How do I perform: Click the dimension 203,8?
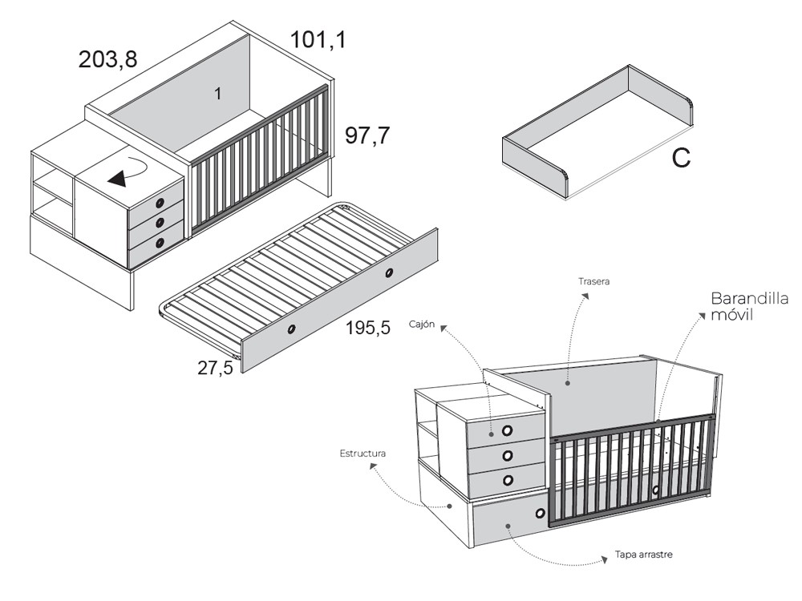pos(108,60)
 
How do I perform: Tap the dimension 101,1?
pos(318,39)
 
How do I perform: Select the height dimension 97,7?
pos(367,135)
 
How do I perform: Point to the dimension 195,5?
pos(368,328)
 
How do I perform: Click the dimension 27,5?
pos(215,368)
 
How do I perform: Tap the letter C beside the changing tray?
pos(681,159)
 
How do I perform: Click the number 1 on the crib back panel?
pos(218,94)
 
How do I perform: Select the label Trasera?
pos(593,281)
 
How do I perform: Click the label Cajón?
pos(422,324)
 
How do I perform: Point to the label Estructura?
pos(363,454)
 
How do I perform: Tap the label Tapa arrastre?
pos(644,555)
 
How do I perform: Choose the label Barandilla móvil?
pos(749,306)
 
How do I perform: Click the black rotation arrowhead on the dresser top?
pos(117,179)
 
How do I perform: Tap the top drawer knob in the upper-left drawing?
pos(160,203)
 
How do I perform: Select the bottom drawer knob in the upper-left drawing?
pos(160,243)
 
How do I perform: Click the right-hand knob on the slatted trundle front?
pos(389,272)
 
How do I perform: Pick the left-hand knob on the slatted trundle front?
pos(292,329)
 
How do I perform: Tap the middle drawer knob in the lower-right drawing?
pos(508,455)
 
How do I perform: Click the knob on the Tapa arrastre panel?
pos(541,513)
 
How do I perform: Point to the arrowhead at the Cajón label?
pos(444,328)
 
